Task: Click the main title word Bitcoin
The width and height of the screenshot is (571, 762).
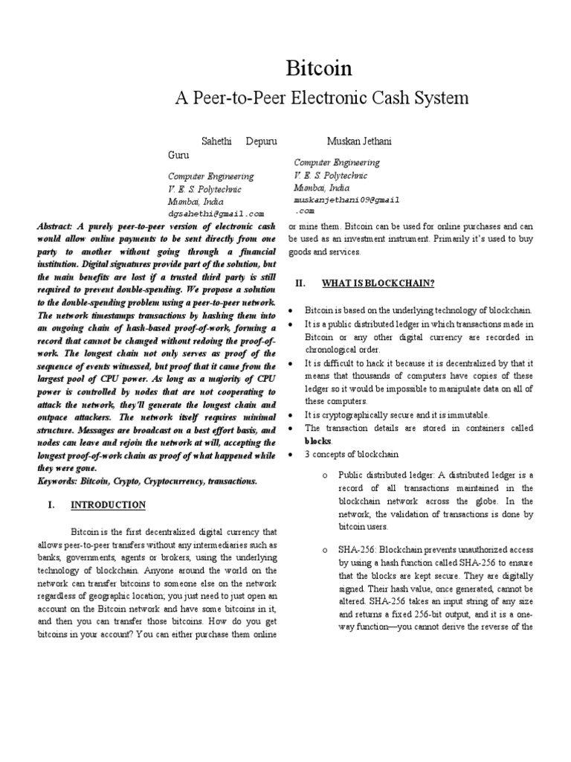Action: point(319,68)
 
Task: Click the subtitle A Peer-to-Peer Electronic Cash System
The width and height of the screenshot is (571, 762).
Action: point(320,97)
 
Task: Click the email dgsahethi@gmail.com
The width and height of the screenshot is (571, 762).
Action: point(216,213)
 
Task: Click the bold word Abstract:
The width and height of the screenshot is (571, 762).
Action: point(59,225)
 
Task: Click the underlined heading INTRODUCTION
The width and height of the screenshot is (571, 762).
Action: point(108,505)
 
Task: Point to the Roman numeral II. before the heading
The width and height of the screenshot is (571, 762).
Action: point(301,283)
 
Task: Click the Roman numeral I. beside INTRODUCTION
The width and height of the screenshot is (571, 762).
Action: point(51,505)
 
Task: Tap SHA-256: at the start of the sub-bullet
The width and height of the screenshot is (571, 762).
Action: point(357,549)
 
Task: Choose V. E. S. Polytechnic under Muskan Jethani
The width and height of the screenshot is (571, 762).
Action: point(330,176)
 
